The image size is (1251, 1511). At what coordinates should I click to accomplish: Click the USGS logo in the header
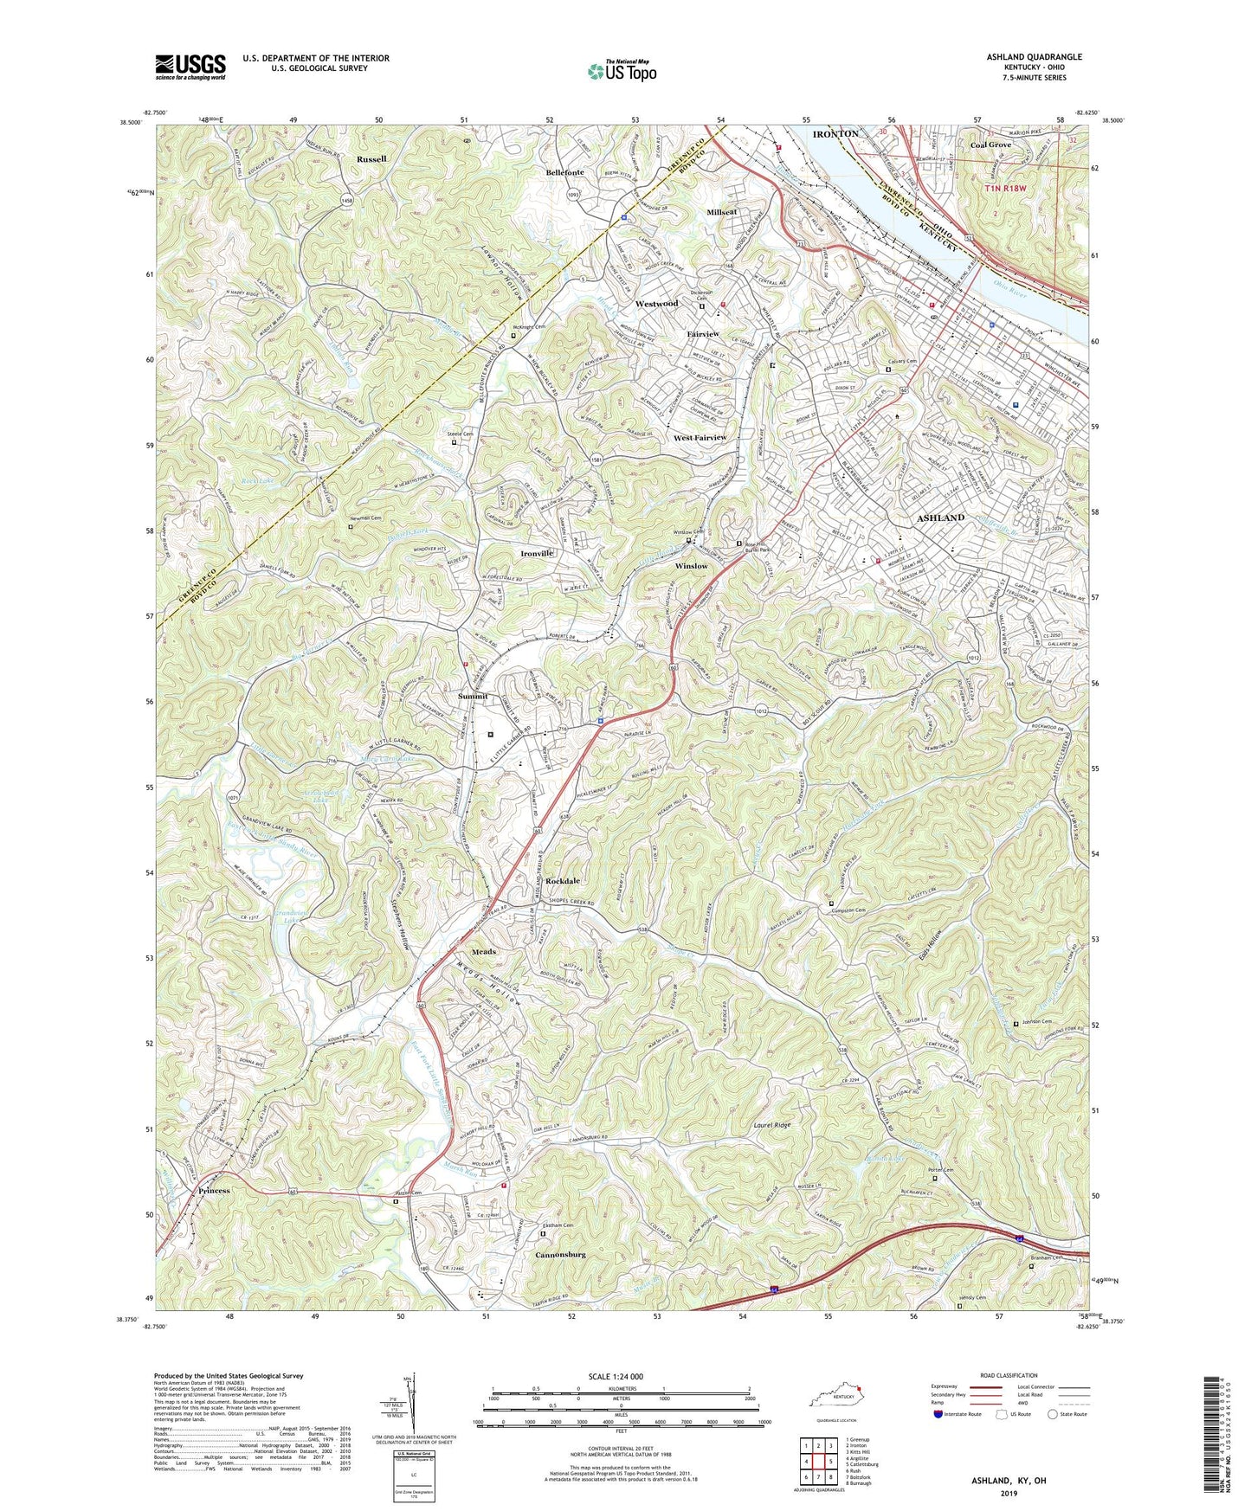click(x=190, y=67)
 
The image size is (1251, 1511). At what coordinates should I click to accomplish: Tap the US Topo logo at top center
click(x=621, y=72)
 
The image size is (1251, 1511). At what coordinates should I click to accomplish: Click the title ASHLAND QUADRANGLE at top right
click(x=1034, y=57)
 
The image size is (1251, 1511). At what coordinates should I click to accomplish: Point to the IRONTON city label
click(x=835, y=134)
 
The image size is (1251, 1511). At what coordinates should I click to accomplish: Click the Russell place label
click(x=371, y=160)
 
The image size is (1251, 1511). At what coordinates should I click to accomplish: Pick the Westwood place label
click(x=656, y=305)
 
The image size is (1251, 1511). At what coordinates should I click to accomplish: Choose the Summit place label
click(x=473, y=697)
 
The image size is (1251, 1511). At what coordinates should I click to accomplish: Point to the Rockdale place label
click(x=563, y=881)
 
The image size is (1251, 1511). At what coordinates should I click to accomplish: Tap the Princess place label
click(x=214, y=1191)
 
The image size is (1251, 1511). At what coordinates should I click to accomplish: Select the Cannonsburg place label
click(x=561, y=1254)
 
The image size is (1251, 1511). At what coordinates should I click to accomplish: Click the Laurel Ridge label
click(x=770, y=1126)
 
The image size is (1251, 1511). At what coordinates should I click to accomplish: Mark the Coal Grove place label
click(x=990, y=145)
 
